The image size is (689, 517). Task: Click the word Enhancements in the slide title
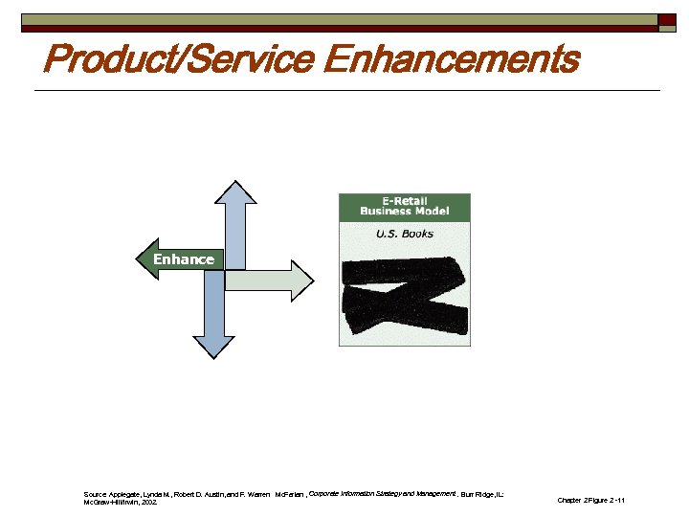tap(451, 59)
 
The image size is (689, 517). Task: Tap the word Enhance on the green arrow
tap(184, 259)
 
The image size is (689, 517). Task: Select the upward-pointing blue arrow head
tap(233, 192)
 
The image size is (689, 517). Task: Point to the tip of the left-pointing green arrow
tap(138, 259)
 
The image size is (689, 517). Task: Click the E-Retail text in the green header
tap(405, 201)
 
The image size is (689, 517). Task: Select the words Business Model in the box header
tap(405, 212)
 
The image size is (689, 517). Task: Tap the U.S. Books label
tap(405, 234)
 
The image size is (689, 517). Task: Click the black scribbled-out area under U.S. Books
tap(405, 292)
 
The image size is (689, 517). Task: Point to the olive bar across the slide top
tap(335, 19)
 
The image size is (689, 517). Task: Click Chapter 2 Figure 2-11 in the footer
tap(590, 501)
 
